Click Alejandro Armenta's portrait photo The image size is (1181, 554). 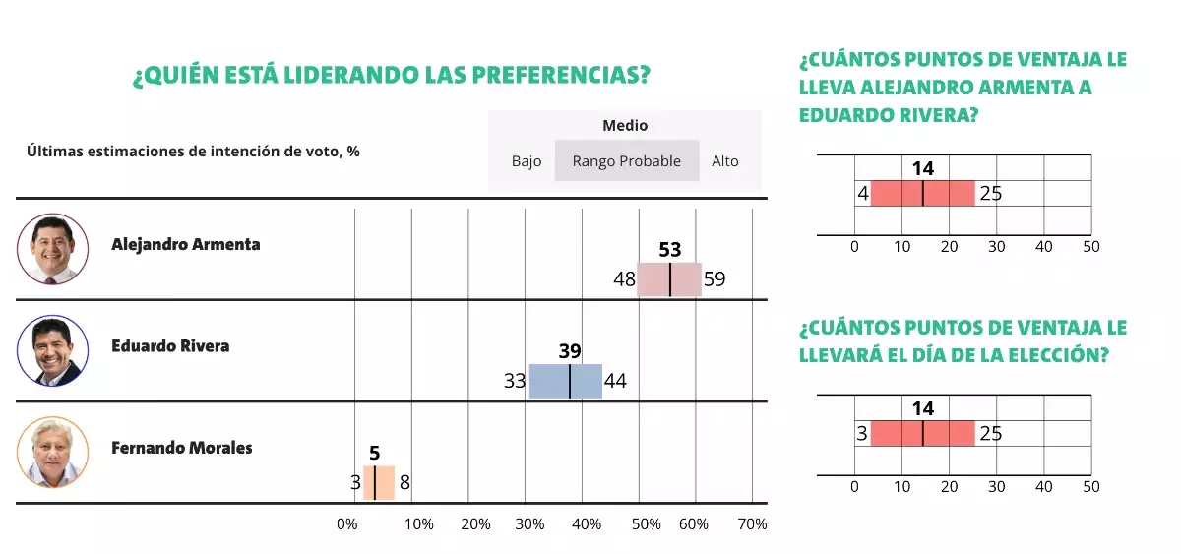pyautogui.click(x=53, y=249)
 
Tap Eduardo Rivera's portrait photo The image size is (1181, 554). pyautogui.click(x=53, y=351)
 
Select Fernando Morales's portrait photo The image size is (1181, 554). pyautogui.click(x=53, y=453)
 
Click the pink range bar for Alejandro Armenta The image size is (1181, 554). pyautogui.click(x=669, y=279)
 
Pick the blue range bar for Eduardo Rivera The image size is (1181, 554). pyautogui.click(x=566, y=381)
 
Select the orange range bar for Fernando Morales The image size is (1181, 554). pyautogui.click(x=379, y=483)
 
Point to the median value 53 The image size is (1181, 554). pyautogui.click(x=670, y=250)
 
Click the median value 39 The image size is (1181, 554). pyautogui.click(x=570, y=351)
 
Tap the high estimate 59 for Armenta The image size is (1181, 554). pyautogui.click(x=715, y=279)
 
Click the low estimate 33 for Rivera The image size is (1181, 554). pyautogui.click(x=515, y=381)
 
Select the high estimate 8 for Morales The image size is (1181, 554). pyautogui.click(x=404, y=483)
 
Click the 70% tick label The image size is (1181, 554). pyautogui.click(x=752, y=524)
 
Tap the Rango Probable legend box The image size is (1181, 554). pyautogui.click(x=627, y=161)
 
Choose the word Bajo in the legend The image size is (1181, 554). pyautogui.click(x=527, y=161)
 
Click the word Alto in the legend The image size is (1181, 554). pyautogui.click(x=725, y=161)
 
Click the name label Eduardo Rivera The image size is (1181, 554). pyautogui.click(x=170, y=346)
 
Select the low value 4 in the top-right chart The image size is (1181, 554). pyautogui.click(x=862, y=194)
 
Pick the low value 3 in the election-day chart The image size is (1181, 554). pyautogui.click(x=862, y=434)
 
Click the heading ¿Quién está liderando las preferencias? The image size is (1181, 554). pyautogui.click(x=392, y=77)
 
